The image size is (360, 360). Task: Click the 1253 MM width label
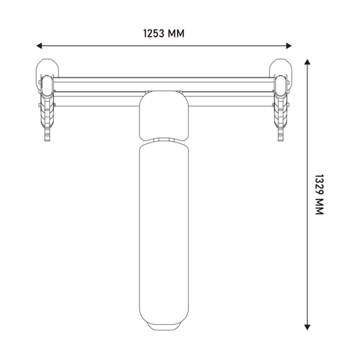(x=164, y=33)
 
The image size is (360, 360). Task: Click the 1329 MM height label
(x=319, y=194)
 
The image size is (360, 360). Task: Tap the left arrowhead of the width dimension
(x=39, y=46)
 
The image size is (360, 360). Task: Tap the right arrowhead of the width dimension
(x=288, y=46)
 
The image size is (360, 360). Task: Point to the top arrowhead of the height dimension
(x=307, y=62)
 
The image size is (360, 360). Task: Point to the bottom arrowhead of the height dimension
(x=307, y=327)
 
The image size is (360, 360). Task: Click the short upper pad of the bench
(x=164, y=116)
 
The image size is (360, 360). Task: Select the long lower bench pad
(x=164, y=232)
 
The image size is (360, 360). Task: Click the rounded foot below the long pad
(x=164, y=327)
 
